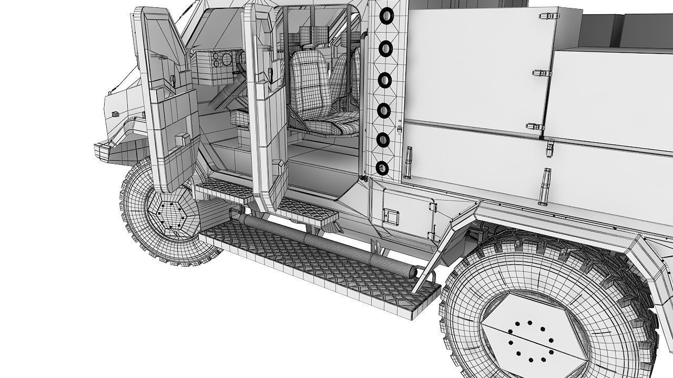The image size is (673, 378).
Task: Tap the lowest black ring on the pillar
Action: pos(383,169)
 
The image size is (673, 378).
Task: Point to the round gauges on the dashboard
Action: pos(221,60)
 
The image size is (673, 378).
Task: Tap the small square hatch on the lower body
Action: pos(391,215)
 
